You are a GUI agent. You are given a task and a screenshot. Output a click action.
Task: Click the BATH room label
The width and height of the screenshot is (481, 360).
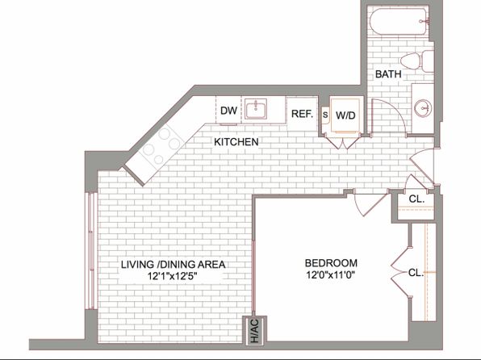(x=388, y=74)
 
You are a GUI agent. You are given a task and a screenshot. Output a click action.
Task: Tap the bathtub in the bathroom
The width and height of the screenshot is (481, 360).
(x=399, y=21)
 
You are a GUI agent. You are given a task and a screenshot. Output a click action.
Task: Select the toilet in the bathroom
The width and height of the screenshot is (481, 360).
(x=416, y=61)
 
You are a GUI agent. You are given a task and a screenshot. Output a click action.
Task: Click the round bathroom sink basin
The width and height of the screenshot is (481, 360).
(x=423, y=108)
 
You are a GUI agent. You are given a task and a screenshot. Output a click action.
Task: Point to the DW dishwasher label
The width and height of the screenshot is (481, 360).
(x=229, y=111)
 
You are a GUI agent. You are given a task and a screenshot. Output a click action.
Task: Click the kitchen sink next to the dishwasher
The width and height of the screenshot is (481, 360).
(x=256, y=109)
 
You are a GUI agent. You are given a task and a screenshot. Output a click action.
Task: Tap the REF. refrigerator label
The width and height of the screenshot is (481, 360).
(x=302, y=114)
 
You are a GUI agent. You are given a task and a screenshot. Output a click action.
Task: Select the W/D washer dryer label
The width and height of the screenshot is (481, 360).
(x=345, y=115)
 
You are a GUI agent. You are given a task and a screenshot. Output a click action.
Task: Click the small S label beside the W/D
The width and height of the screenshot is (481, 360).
(x=325, y=115)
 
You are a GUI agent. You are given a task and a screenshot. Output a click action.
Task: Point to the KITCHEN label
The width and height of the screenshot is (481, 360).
(x=236, y=142)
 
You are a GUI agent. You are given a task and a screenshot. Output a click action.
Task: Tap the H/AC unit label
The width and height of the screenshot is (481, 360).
(x=254, y=331)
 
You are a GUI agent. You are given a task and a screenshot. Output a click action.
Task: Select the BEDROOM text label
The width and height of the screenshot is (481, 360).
(x=331, y=263)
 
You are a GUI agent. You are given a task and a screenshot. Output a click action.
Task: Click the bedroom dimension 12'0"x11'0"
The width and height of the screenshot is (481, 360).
(x=330, y=274)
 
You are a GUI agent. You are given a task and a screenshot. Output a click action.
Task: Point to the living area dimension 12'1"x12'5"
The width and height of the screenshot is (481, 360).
(x=172, y=276)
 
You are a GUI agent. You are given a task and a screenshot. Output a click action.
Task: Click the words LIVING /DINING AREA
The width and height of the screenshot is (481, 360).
(x=173, y=264)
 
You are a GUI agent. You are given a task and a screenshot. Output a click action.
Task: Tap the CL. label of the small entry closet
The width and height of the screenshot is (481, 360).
(x=416, y=199)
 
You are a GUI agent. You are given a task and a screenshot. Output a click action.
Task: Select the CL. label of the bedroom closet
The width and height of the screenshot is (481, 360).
(x=416, y=273)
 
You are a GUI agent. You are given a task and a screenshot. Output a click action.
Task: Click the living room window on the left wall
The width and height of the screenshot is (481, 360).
(x=91, y=251)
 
